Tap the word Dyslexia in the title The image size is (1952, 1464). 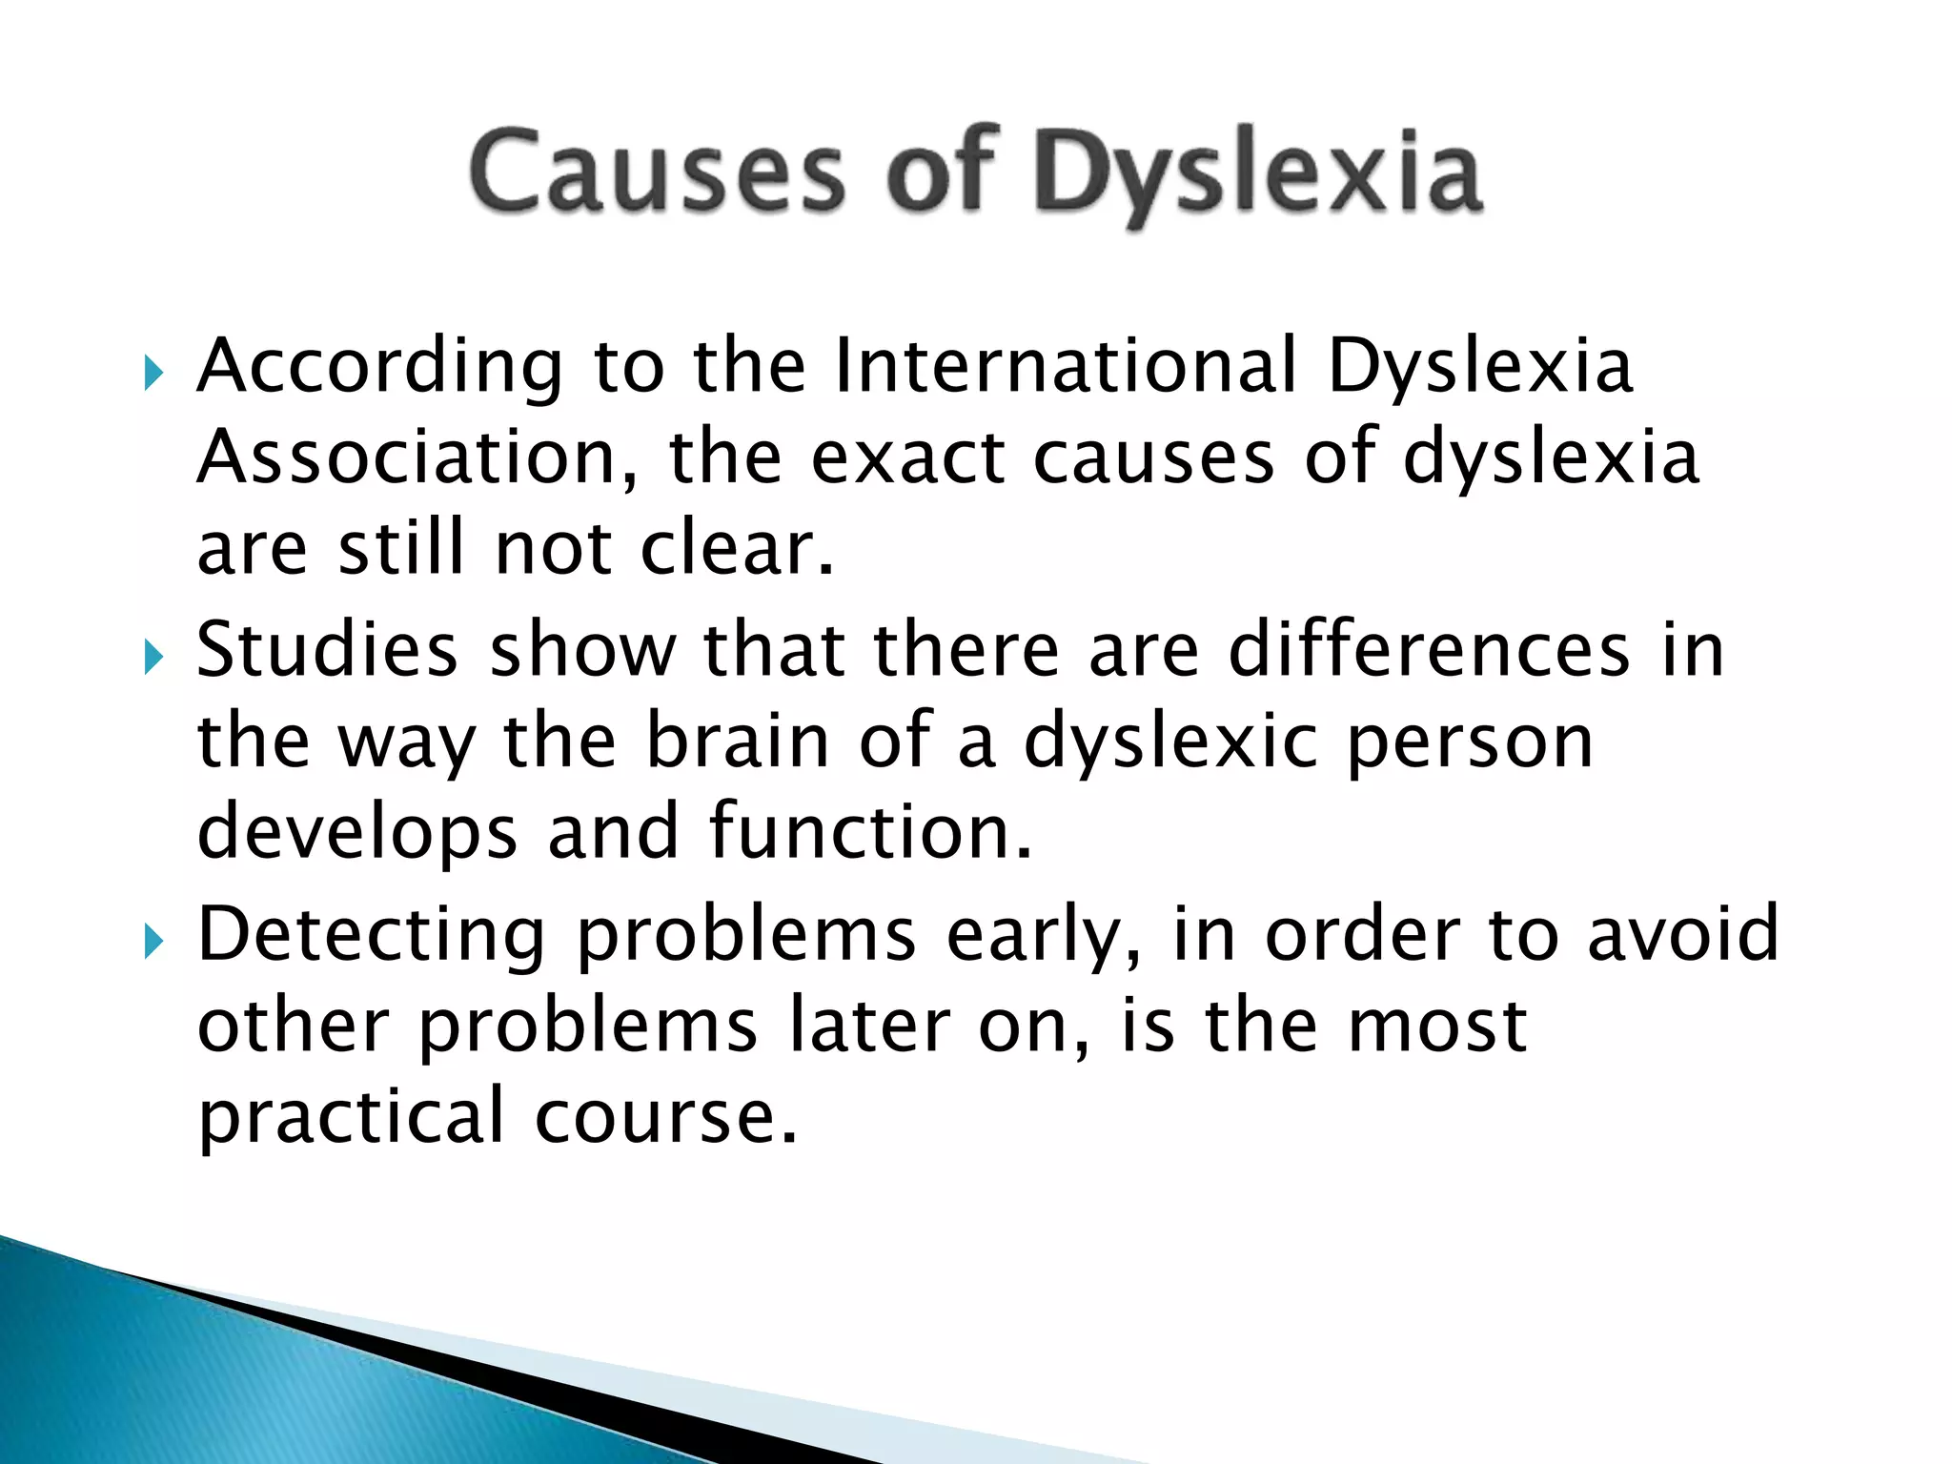pos(1258,175)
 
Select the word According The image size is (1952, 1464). pos(379,368)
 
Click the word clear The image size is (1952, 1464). pos(737,549)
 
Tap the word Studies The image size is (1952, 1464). pos(327,650)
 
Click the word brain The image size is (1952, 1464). pos(738,742)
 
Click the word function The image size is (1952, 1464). pos(870,831)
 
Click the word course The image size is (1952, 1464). pos(665,1117)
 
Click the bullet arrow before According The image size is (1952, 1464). pos(153,375)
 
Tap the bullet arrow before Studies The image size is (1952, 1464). pos(153,657)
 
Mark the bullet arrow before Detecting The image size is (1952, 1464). pos(153,943)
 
